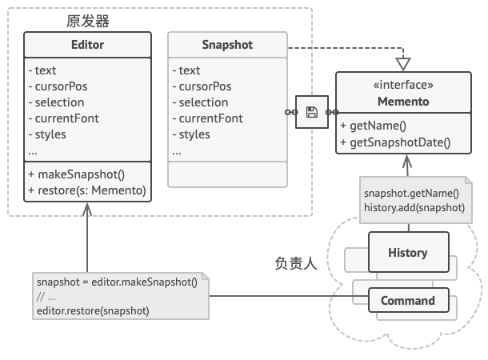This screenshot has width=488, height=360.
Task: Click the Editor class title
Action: pos(86,45)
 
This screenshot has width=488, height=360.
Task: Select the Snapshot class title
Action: pos(226,45)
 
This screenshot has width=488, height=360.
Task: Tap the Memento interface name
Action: pos(403,102)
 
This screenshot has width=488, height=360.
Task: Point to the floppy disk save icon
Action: pos(312,112)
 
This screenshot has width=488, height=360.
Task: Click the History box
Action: pos(407,253)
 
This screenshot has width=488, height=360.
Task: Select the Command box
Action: pos(407,301)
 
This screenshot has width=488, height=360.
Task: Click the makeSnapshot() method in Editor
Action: pos(77,174)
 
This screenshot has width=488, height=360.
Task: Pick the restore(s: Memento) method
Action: pos(86,190)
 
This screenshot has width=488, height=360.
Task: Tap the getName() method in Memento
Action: pos(373,127)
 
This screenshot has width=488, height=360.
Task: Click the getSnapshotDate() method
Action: pos(395,143)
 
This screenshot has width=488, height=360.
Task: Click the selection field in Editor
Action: pos(55,102)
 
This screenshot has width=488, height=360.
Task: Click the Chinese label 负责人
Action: pos(297,262)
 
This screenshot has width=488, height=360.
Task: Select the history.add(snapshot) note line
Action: pos(414,207)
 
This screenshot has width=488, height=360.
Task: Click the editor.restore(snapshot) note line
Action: pos(93,310)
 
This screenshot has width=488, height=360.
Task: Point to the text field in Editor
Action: pos(45,70)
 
